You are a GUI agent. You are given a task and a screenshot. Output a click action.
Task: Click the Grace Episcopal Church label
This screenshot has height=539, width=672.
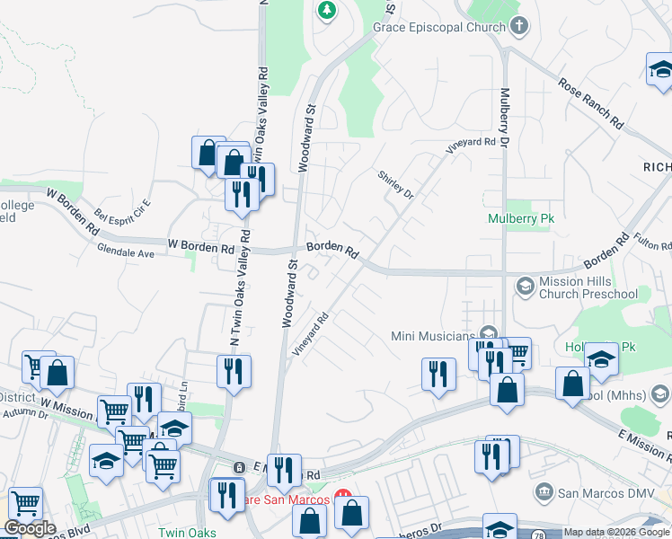click(x=439, y=27)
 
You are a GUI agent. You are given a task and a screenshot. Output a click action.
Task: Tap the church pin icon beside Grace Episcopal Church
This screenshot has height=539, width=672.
click(x=518, y=26)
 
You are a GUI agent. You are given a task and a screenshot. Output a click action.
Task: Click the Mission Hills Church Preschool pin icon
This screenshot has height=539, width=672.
click(x=525, y=286)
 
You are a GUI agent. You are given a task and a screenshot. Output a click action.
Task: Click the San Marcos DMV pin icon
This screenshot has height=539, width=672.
click(x=543, y=492)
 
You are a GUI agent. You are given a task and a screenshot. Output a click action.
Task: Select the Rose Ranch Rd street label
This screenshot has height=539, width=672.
click(x=589, y=102)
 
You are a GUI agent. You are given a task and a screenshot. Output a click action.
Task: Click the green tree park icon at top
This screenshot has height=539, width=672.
click(x=327, y=11)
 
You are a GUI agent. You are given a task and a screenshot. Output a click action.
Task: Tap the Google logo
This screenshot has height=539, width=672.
click(x=30, y=528)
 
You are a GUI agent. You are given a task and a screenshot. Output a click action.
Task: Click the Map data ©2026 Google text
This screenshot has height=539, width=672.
click(x=615, y=533)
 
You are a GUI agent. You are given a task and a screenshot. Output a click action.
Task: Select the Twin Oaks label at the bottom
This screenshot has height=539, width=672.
click(x=187, y=533)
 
